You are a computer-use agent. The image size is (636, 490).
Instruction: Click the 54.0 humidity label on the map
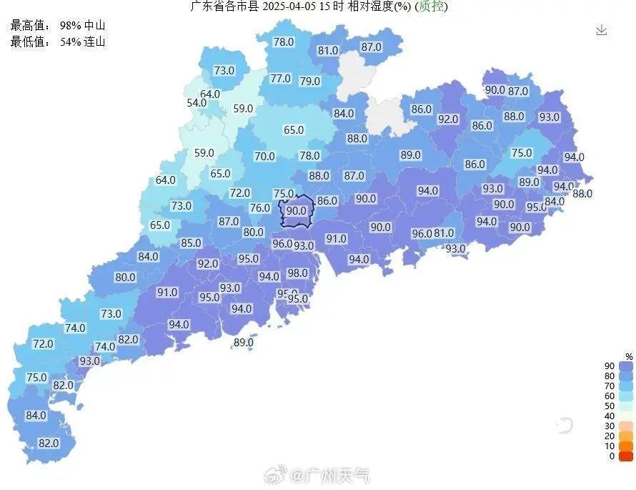tap(197, 103)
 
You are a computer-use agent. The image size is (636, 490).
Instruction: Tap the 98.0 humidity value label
tap(297, 273)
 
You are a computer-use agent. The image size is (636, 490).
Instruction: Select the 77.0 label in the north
tap(280, 79)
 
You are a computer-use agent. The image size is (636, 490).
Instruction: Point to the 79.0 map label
tap(310, 82)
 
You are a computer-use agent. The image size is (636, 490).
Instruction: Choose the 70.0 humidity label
tap(264, 156)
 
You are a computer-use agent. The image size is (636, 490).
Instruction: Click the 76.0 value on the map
tap(260, 208)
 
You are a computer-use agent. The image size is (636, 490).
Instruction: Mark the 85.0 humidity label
tap(191, 243)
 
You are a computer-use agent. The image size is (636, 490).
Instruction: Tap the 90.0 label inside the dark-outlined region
tap(297, 211)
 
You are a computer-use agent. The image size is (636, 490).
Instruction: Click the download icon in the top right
tap(602, 30)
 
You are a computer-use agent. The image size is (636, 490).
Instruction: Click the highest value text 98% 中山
tap(82, 26)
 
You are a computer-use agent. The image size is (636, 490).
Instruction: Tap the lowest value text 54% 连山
tap(82, 41)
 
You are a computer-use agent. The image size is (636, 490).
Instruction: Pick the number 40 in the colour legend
tap(610, 416)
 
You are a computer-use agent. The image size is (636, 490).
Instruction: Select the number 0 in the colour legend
tap(612, 456)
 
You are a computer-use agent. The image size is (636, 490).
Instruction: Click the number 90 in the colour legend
tap(610, 366)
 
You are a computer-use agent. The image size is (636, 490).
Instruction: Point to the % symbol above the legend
tap(629, 356)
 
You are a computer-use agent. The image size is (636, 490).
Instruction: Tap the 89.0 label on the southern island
tap(243, 343)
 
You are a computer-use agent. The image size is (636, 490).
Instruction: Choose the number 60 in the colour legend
tap(610, 396)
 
